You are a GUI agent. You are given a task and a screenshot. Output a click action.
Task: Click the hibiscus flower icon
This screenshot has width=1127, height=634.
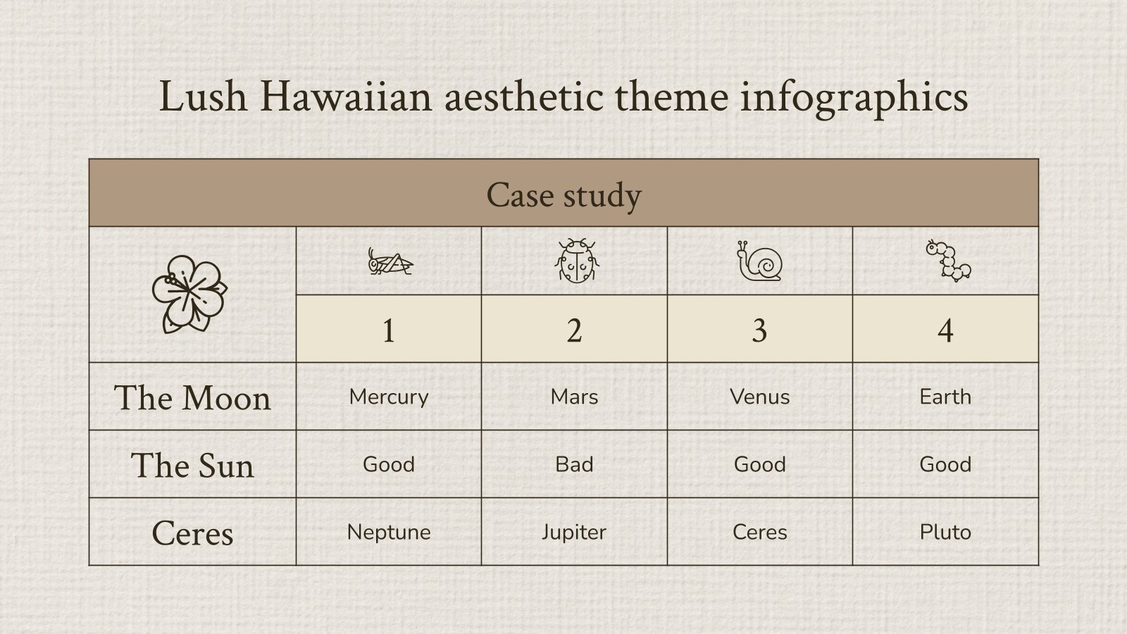click(x=189, y=294)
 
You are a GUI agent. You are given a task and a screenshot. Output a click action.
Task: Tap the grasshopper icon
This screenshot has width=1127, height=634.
click(x=390, y=262)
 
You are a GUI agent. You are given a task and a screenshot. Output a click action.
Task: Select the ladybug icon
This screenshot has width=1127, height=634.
click(x=575, y=261)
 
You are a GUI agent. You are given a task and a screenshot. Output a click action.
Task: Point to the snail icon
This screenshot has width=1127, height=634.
click(x=759, y=261)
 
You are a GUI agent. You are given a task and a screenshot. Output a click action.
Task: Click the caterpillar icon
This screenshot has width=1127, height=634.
click(x=947, y=261)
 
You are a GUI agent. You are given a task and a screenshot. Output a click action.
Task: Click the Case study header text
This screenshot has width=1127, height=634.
click(x=563, y=194)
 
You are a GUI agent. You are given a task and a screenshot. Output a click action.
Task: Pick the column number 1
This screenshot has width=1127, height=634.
click(x=388, y=330)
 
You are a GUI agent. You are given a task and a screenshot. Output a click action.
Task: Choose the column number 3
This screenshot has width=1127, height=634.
click(x=759, y=330)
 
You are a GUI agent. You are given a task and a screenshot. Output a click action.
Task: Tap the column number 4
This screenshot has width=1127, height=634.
click(x=945, y=330)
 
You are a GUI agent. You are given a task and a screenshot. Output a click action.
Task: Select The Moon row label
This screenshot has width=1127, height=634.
click(x=192, y=398)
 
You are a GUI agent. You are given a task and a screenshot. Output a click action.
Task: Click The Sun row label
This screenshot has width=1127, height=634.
click(x=192, y=466)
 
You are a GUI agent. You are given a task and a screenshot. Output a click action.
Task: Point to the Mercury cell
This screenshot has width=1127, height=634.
click(x=389, y=397)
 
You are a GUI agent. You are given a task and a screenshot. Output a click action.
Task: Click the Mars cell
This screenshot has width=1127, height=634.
click(x=574, y=397)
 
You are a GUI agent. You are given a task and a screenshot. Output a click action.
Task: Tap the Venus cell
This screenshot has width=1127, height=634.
click(x=759, y=397)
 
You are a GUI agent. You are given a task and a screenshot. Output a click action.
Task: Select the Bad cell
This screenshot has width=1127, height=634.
click(x=574, y=464)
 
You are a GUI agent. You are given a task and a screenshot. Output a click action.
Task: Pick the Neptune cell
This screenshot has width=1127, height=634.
click(x=389, y=532)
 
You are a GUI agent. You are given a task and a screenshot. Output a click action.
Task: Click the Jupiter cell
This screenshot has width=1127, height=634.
click(x=574, y=532)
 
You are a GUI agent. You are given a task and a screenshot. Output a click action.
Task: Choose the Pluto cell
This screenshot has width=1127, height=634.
click(x=945, y=532)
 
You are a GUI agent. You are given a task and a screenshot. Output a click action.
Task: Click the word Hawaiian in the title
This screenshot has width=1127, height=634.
click(x=345, y=97)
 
